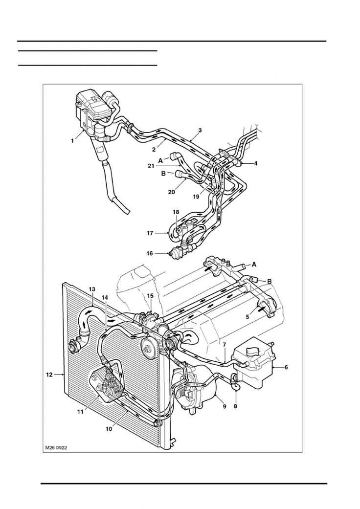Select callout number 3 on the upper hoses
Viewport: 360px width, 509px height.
click(200, 131)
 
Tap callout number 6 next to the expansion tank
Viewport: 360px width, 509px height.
click(286, 367)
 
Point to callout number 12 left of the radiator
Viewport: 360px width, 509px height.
click(49, 375)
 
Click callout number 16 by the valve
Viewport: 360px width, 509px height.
click(150, 253)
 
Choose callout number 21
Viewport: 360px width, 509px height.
click(151, 166)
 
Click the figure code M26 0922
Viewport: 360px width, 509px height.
click(56, 447)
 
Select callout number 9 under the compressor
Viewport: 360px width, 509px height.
click(225, 406)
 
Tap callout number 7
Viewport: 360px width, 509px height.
click(224, 345)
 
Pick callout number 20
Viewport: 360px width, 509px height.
click(171, 192)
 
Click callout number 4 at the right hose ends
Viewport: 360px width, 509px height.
click(255, 163)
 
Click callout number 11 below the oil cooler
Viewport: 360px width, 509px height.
click(80, 412)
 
